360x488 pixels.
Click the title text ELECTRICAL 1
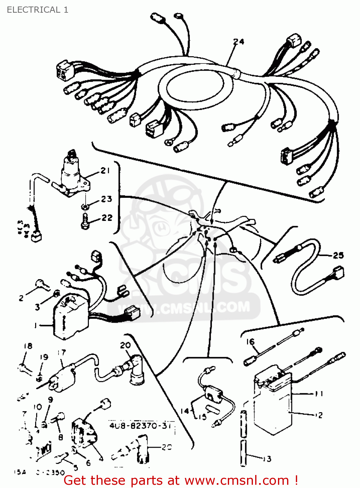[x=37, y=10]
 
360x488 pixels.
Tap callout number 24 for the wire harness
[x=239, y=42]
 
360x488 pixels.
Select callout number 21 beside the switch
[x=105, y=170]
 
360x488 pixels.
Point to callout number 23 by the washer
[x=106, y=199]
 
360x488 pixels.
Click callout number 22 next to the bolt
[x=107, y=217]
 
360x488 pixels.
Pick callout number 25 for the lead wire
[x=338, y=255]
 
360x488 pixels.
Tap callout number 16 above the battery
[x=250, y=342]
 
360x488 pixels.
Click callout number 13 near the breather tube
[x=267, y=459]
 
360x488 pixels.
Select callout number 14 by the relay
[x=185, y=411]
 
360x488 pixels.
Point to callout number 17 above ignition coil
[x=62, y=352]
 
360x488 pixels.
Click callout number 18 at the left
[x=28, y=346]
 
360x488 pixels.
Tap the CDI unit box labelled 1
[x=70, y=317]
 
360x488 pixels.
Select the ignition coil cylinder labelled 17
[x=62, y=377]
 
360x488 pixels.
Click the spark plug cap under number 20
[x=137, y=371]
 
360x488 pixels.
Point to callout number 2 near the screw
[x=21, y=298]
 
